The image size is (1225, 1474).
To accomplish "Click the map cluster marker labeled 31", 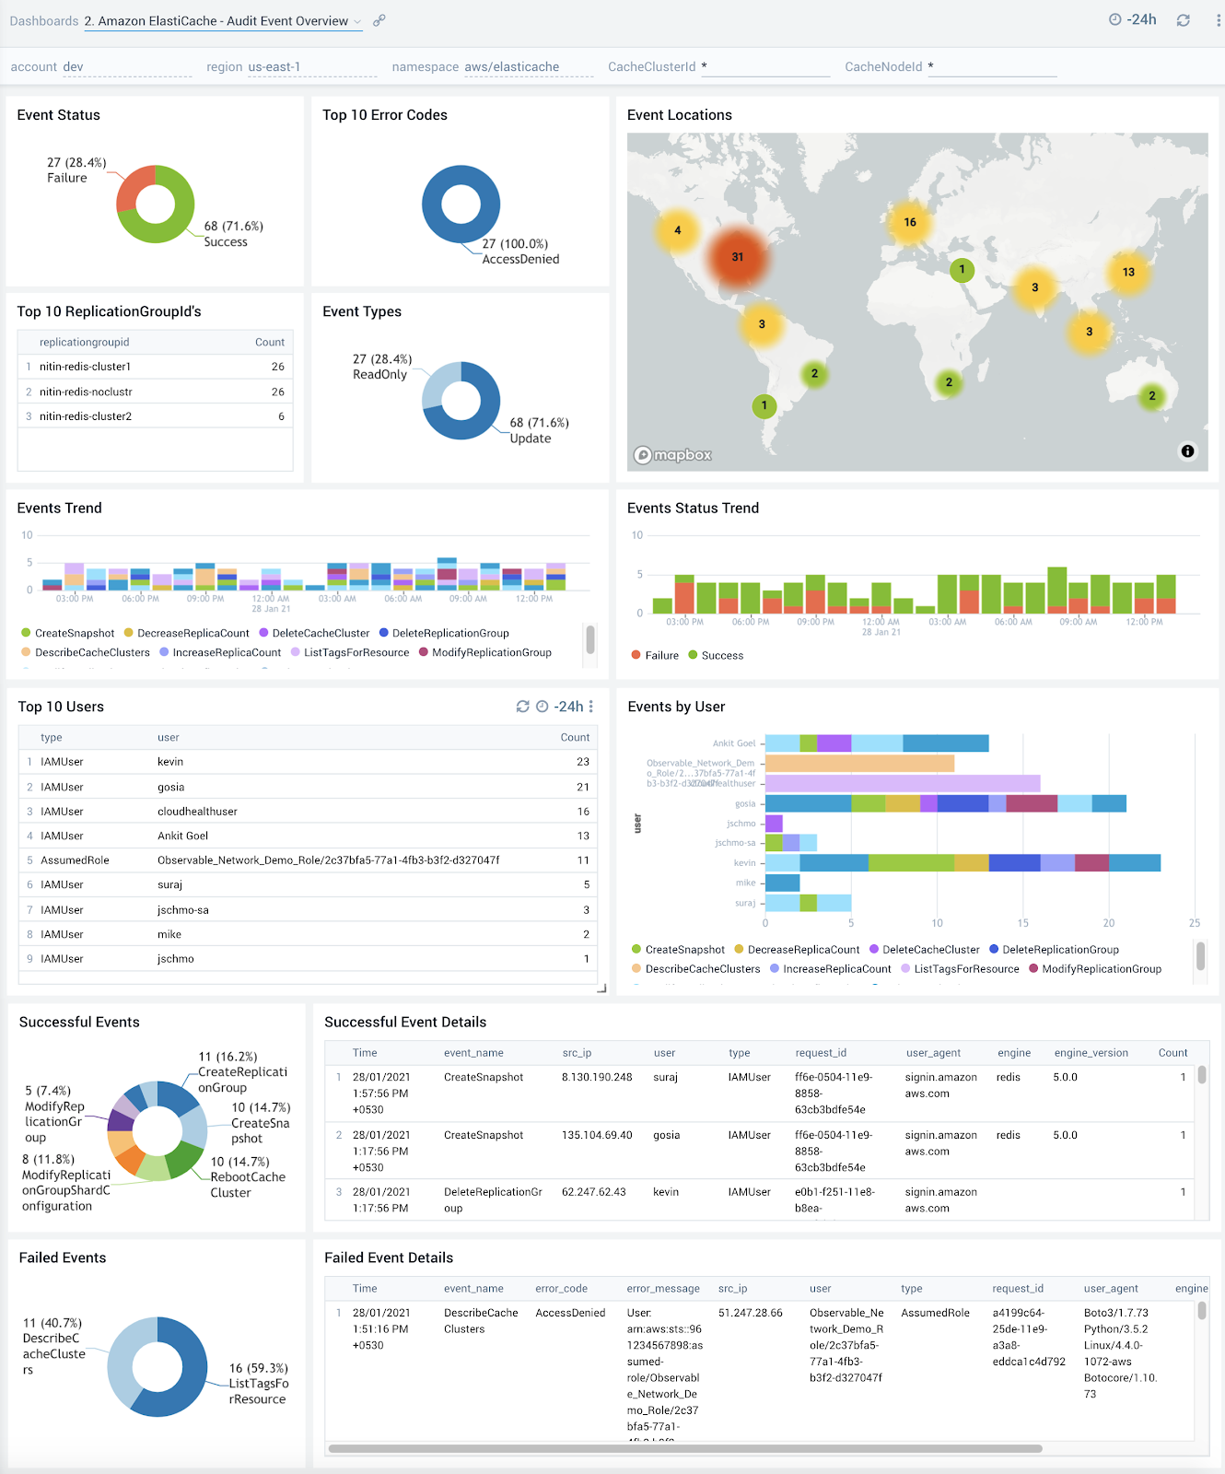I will click(737, 257).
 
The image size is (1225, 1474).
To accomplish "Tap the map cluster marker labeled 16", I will click(909, 222).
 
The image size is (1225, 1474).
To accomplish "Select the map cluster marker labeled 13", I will click(1128, 272).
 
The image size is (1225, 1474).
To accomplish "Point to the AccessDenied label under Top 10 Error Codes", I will click(520, 260).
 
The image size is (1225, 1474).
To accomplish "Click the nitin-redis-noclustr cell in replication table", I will click(86, 392).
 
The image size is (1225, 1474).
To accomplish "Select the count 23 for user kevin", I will click(582, 762).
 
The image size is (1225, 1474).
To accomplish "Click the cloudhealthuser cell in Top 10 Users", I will click(197, 812).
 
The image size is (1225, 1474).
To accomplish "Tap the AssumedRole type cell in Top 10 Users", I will click(75, 860).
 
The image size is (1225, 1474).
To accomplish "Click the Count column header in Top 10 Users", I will click(575, 738).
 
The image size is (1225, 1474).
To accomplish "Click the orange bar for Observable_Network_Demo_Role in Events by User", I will click(859, 764).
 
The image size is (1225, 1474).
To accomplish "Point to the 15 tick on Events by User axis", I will click(1022, 923).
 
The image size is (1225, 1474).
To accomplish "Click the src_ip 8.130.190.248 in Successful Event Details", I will click(597, 1077).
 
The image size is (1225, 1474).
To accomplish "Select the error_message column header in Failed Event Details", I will click(662, 1289).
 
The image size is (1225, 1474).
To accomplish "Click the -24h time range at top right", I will click(1134, 20).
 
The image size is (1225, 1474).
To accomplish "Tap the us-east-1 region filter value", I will click(274, 67).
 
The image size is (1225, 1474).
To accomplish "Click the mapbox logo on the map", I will click(673, 455).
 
